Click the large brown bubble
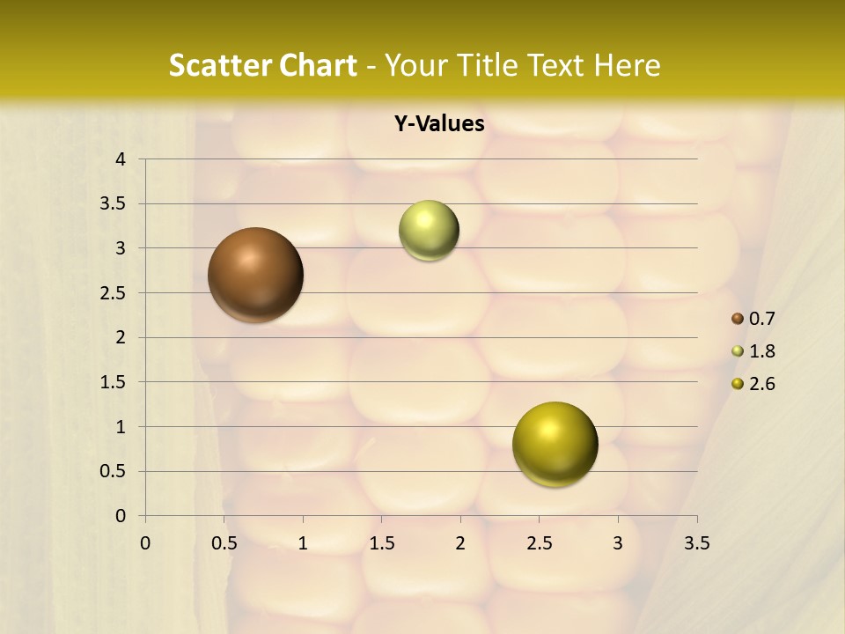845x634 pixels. pos(255,275)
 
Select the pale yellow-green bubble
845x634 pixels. pos(429,231)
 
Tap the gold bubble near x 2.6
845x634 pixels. pos(555,444)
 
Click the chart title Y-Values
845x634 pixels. pos(438,124)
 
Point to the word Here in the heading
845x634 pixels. pos(626,65)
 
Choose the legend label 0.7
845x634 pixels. pos(761,319)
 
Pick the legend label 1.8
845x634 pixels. pos(761,351)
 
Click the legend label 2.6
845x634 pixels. pos(761,384)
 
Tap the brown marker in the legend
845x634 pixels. pos(738,319)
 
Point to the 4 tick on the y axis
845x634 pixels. pos(121,159)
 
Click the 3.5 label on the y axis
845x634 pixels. pos(114,204)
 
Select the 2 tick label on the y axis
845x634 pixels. pos(121,337)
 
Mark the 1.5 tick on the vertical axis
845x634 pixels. pos(114,382)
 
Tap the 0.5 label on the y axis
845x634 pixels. pos(114,472)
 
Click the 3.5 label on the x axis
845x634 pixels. pos(696,543)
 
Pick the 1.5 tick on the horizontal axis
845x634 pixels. pos(381,543)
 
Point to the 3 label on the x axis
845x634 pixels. pos(618,543)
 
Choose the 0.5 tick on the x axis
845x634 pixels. pos(224,543)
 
